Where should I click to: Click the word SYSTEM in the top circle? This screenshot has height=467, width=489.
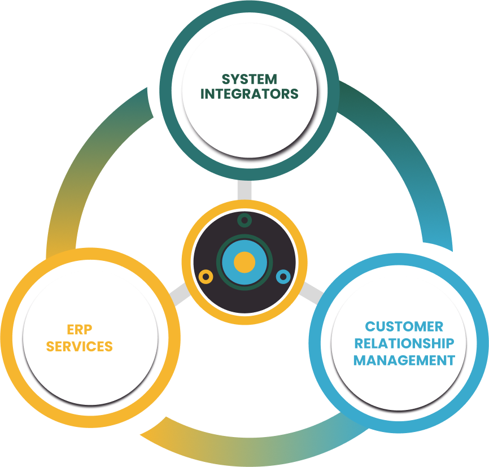click(249, 79)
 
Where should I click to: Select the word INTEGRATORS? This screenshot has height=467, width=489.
click(249, 94)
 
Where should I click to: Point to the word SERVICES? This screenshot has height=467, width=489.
click(79, 346)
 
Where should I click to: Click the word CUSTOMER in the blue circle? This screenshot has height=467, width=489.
click(404, 326)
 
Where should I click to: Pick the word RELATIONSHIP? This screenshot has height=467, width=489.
click(404, 343)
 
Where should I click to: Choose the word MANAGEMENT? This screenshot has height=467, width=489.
click(404, 360)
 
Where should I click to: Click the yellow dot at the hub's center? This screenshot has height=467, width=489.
click(244, 263)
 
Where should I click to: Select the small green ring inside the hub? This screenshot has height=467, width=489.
click(244, 220)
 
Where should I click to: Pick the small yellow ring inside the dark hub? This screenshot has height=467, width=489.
click(206, 277)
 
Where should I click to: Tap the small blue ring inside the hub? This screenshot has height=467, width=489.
click(283, 277)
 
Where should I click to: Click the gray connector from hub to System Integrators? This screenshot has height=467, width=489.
click(244, 190)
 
